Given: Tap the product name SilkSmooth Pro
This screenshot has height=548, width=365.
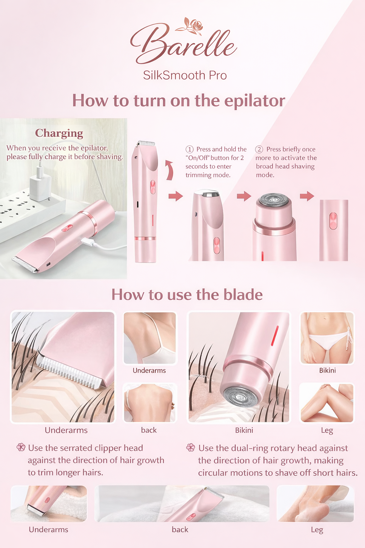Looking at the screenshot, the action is point(185,75).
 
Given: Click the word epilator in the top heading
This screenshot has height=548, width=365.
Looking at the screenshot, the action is point(255,101).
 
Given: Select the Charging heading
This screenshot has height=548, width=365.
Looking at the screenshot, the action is point(59,133).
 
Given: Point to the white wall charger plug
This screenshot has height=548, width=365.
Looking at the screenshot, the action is point(40,182).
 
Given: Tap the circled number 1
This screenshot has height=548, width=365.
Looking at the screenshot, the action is point(190,149).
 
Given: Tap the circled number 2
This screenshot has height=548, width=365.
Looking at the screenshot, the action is point(259,149).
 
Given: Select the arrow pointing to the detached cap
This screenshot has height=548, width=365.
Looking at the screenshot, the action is point(307,196).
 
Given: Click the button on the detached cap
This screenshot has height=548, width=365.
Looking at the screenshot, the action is point(333,221).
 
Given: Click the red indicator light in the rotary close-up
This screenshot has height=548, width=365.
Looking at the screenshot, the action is point(275,335).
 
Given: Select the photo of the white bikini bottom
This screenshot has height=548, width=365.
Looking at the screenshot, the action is point(327,338).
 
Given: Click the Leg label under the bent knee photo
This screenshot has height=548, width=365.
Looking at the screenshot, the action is point(327,430).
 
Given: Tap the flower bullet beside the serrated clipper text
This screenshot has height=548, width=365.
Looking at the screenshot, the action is point(21,447).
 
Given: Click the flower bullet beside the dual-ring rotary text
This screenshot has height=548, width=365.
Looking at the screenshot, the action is point(191,447).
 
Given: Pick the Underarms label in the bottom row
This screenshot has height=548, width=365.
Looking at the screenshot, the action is point(48,529).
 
